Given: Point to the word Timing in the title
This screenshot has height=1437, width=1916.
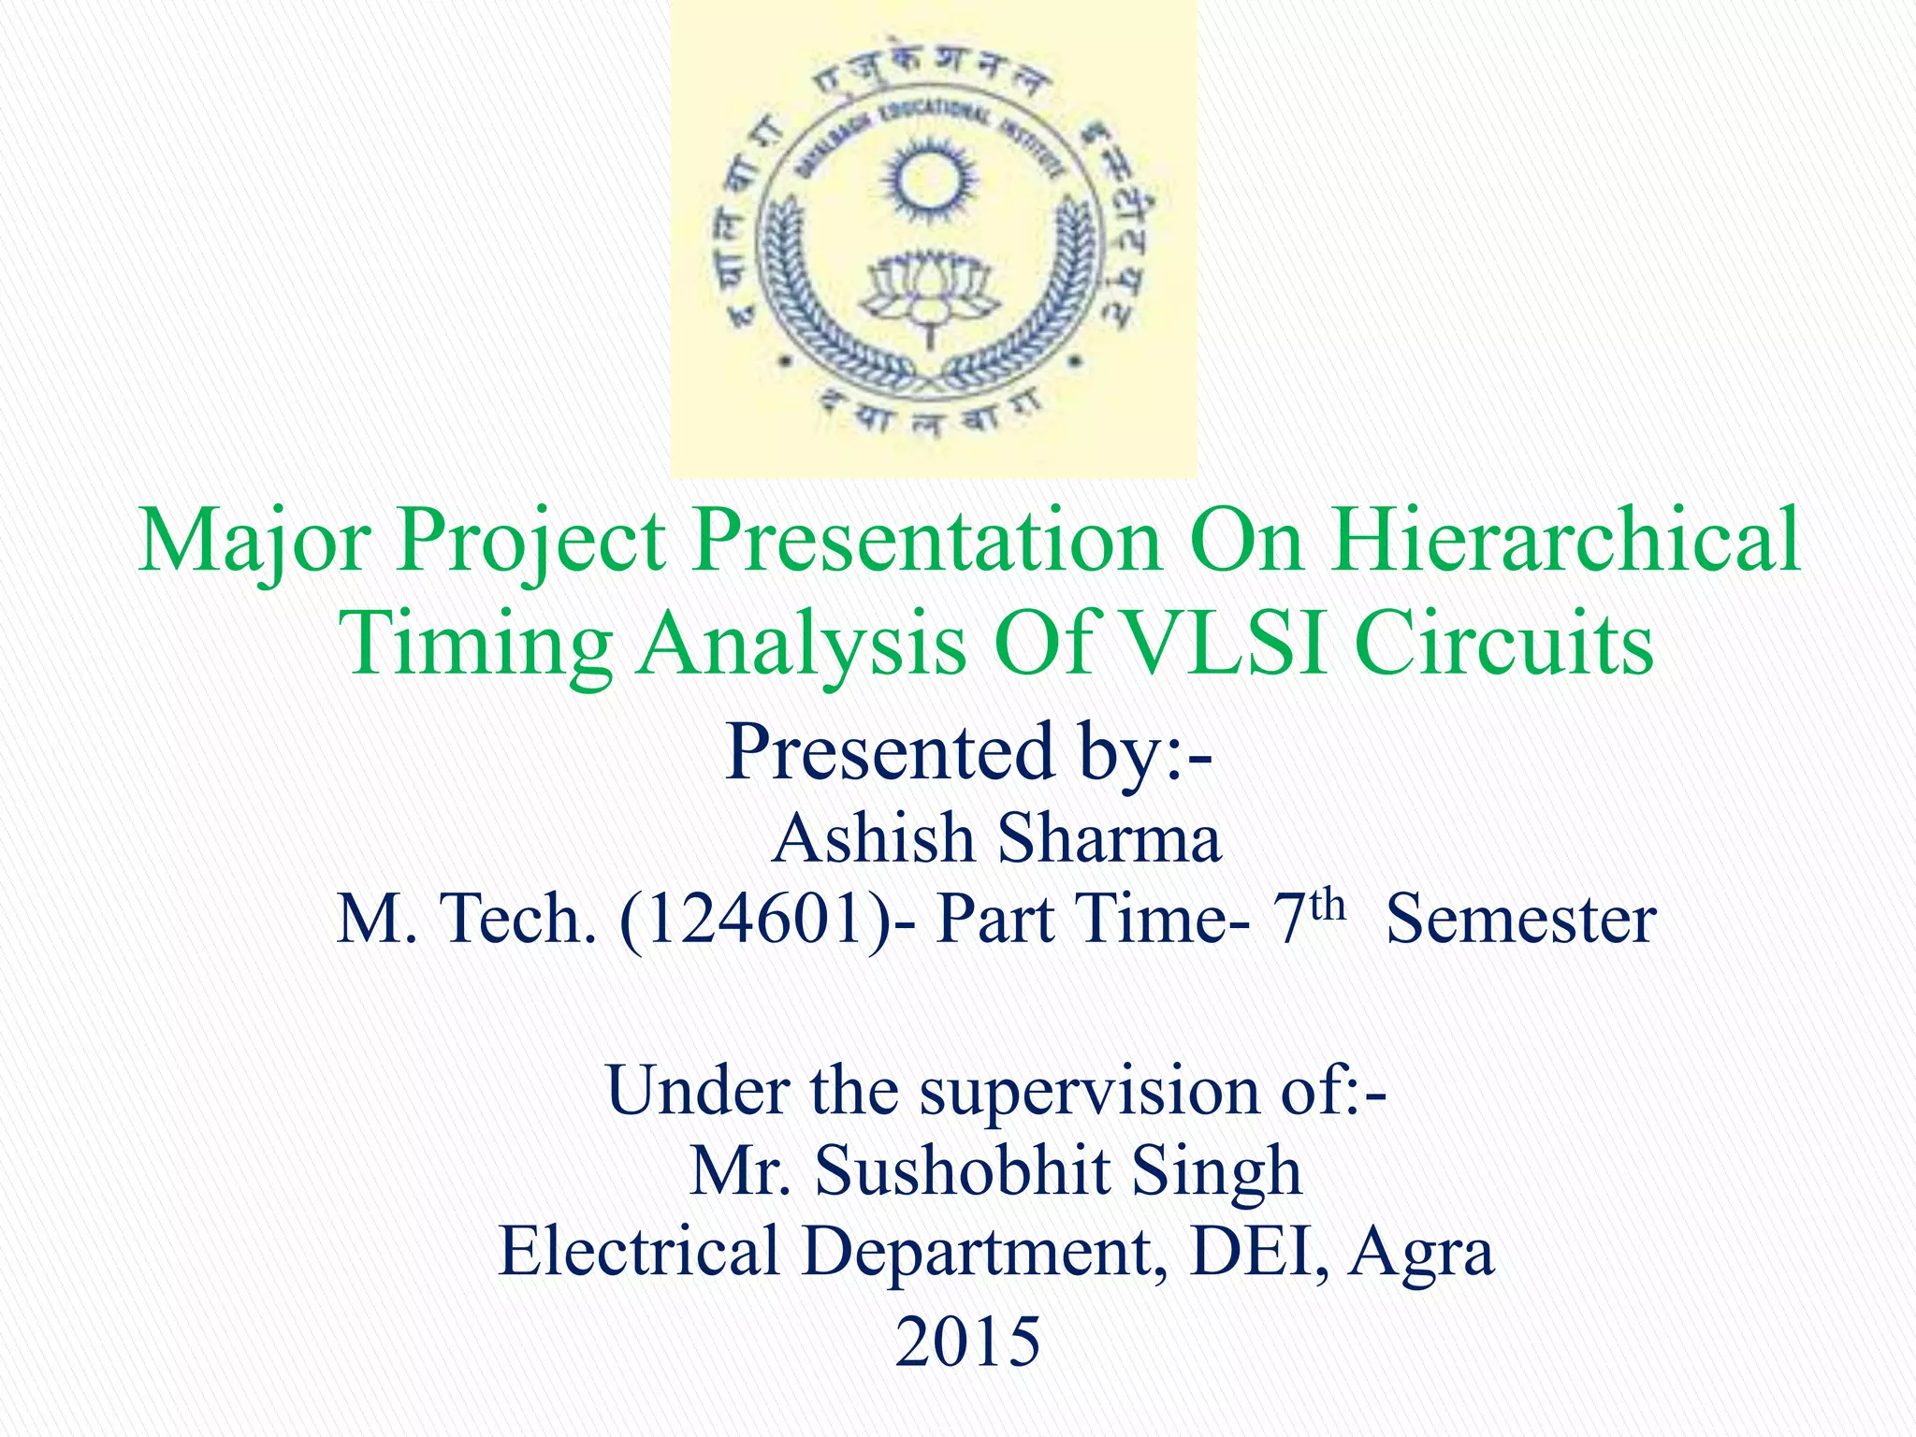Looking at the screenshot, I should tap(475, 644).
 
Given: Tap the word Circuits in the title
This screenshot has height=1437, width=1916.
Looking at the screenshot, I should tap(1504, 644).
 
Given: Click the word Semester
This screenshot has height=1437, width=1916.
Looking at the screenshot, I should tap(1520, 920).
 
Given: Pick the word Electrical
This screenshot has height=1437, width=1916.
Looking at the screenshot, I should tap(639, 1251).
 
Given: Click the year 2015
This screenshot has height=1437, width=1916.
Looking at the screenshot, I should tap(967, 1342).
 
